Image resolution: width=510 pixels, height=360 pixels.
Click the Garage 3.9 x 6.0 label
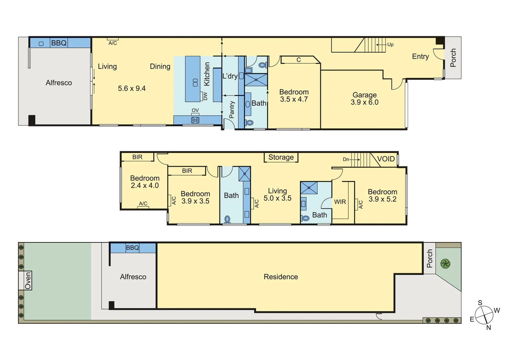pyautogui.click(x=365, y=99)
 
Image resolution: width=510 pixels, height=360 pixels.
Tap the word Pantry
pyautogui.click(x=232, y=110)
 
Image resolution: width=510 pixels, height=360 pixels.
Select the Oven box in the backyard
pyautogui.click(x=28, y=280)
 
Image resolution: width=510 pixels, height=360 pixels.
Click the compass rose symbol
pyautogui.click(x=484, y=315)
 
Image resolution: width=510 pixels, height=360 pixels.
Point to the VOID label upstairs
pyautogui.click(x=386, y=159)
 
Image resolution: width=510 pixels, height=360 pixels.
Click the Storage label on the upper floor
pyautogui.click(x=281, y=157)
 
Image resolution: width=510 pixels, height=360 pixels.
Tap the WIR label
pyautogui.click(x=340, y=202)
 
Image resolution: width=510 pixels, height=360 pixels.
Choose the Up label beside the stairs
pyautogui.click(x=390, y=44)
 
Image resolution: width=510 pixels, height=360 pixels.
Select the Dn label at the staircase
pyautogui.click(x=346, y=159)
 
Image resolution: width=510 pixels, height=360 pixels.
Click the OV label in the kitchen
pyautogui.click(x=195, y=110)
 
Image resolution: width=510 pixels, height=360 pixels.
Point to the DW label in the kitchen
pyautogui.click(x=205, y=96)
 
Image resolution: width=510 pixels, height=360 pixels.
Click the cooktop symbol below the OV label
pyautogui.click(x=195, y=120)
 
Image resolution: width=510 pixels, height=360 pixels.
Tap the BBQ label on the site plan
pyautogui.click(x=132, y=248)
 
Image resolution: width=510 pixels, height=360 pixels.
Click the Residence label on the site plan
pyautogui.click(x=281, y=277)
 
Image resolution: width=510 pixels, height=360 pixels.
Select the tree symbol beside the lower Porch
pyautogui.click(x=445, y=264)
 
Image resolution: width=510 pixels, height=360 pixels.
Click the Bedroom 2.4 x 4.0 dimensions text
pyautogui.click(x=145, y=186)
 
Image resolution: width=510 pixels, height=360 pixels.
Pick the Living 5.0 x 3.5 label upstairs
pyautogui.click(x=277, y=194)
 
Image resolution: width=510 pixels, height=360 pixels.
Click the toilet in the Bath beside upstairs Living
pyautogui.click(x=227, y=219)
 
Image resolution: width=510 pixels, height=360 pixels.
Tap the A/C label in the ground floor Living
pyautogui.click(x=113, y=43)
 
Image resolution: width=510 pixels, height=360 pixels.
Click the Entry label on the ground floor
pyautogui.click(x=420, y=56)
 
